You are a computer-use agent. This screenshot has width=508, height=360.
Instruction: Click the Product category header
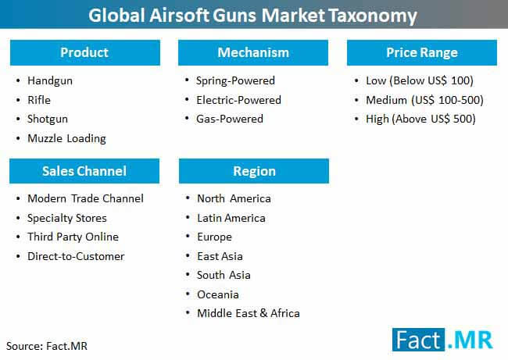[85, 52]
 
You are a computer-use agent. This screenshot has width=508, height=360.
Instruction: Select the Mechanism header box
[253, 52]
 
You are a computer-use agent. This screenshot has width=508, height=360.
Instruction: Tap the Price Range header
[422, 52]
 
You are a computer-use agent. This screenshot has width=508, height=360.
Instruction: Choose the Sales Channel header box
[84, 171]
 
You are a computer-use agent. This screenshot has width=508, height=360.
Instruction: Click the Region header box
[254, 171]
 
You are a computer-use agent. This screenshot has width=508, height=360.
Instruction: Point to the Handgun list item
[50, 80]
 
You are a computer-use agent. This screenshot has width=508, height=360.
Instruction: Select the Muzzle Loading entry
[66, 138]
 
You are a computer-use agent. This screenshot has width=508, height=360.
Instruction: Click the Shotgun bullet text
[48, 119]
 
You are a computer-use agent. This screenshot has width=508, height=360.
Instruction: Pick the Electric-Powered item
[239, 100]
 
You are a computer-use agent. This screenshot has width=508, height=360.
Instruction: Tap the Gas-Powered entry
[230, 119]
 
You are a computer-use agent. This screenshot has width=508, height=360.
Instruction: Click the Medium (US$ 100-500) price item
[424, 100]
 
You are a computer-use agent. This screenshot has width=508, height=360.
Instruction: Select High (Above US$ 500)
[420, 119]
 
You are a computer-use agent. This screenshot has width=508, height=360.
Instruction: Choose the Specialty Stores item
[67, 218]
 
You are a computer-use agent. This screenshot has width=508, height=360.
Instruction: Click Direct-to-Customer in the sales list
[76, 256]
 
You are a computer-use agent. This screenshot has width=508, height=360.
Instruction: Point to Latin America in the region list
[231, 218]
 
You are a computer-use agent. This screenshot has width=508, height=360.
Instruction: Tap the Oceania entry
[218, 294]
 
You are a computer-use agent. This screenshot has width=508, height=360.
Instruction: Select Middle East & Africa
[249, 313]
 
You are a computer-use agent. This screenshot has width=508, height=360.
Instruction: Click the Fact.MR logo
[442, 340]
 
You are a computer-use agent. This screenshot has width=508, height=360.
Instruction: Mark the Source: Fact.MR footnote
[47, 346]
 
